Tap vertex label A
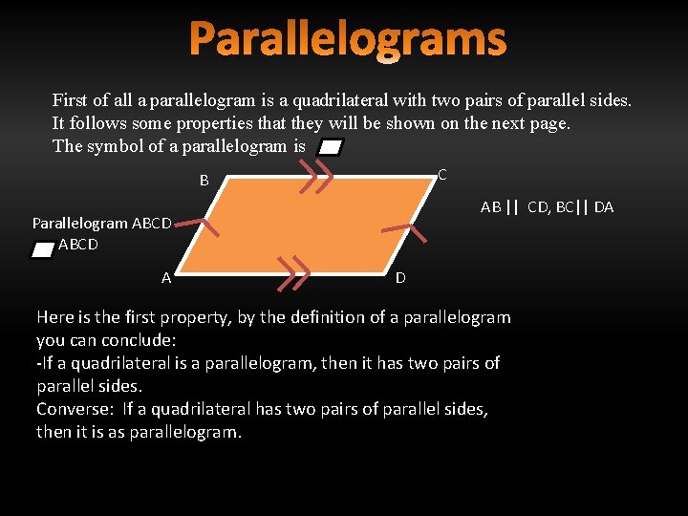click(x=166, y=278)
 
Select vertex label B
click(x=204, y=181)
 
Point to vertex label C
click(x=442, y=174)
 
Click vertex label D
click(x=400, y=278)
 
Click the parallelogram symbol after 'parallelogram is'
click(x=331, y=147)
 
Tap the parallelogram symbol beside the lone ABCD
click(x=42, y=248)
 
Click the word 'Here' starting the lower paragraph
click(x=55, y=317)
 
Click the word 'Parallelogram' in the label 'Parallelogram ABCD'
click(x=80, y=224)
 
